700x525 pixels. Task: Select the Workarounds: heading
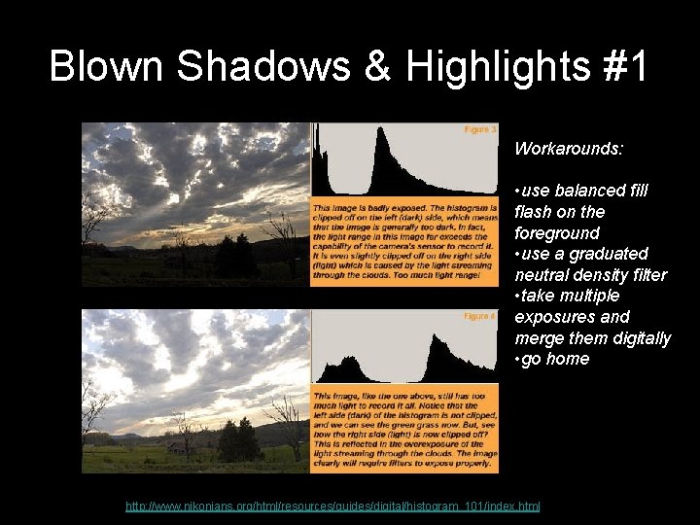tap(569, 150)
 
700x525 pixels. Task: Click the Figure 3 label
tap(480, 128)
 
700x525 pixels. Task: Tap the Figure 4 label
tap(480, 316)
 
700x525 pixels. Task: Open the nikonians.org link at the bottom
tap(333, 507)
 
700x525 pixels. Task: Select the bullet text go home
tap(554, 359)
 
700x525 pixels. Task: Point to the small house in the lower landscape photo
tap(176, 447)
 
